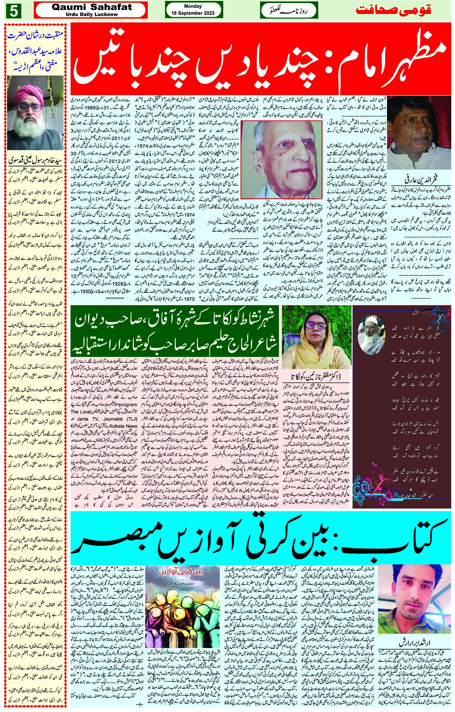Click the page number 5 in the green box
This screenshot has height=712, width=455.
point(13,10)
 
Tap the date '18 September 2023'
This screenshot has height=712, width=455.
point(193,13)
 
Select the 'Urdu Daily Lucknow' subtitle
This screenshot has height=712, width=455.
point(91,14)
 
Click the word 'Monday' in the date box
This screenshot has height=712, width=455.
point(193,6)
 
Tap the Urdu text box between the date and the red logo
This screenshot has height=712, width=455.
point(289,10)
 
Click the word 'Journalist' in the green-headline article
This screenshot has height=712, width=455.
point(113,419)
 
